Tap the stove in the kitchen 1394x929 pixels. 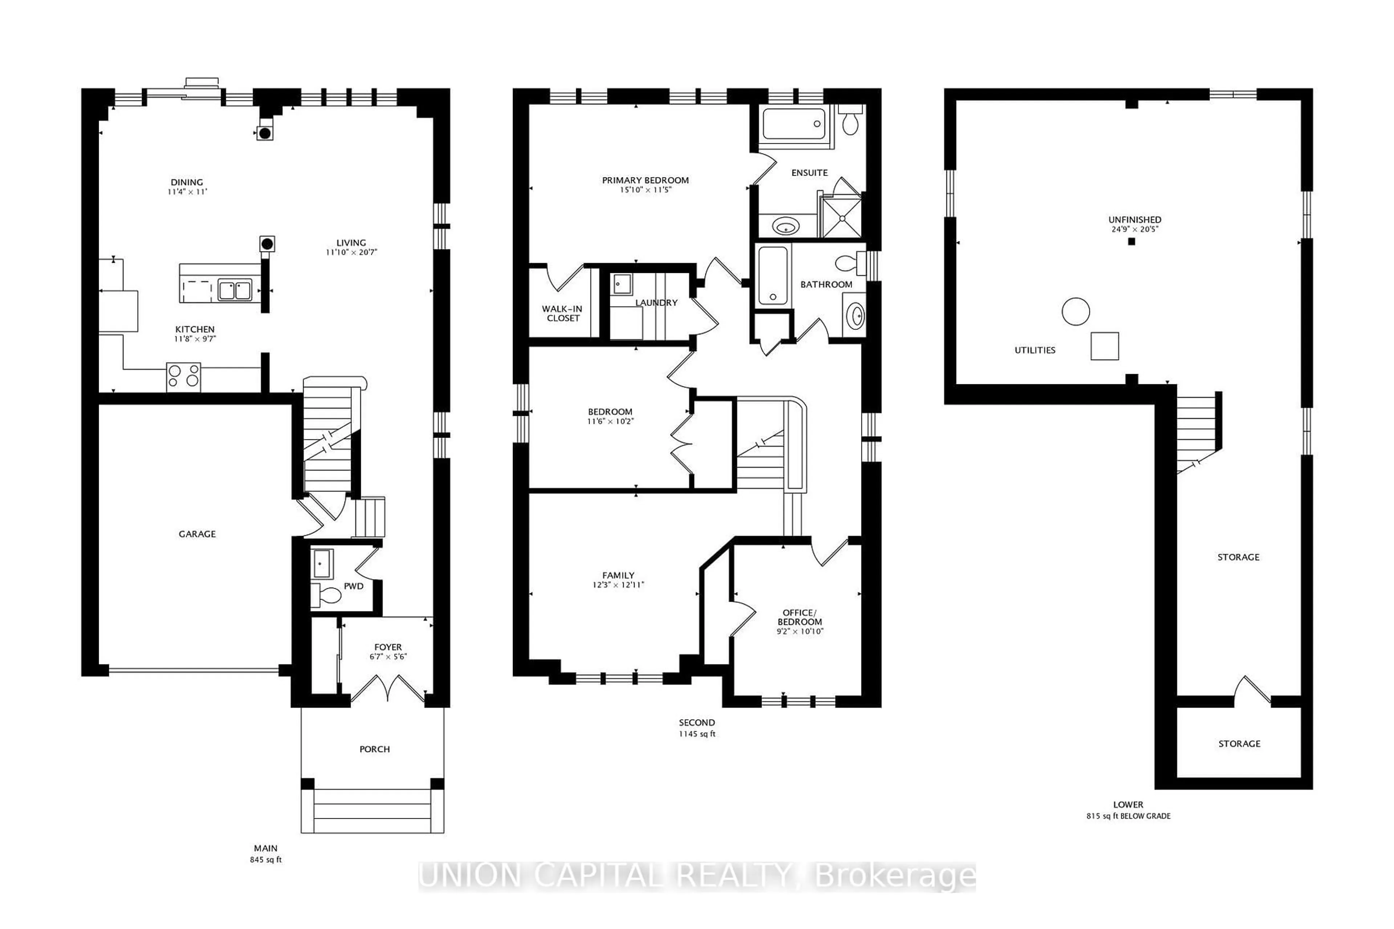tap(183, 377)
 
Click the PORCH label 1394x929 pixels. tap(375, 749)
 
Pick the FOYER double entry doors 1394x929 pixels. tap(388, 689)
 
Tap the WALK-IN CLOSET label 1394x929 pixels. tap(562, 314)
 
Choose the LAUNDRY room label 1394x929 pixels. tap(656, 303)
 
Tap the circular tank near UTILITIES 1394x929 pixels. tap(1075, 312)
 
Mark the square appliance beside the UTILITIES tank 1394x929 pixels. tap(1105, 346)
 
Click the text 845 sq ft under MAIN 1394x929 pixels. tap(265, 860)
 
